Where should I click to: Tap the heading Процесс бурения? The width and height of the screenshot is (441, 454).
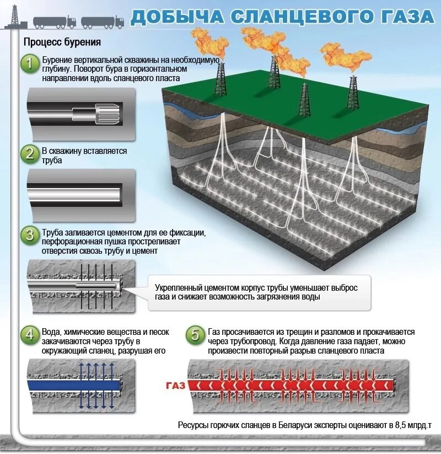pos(62,42)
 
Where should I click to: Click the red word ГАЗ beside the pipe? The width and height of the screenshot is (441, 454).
pos(175,385)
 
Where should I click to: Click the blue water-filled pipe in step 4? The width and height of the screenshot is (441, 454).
pos(75,385)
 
